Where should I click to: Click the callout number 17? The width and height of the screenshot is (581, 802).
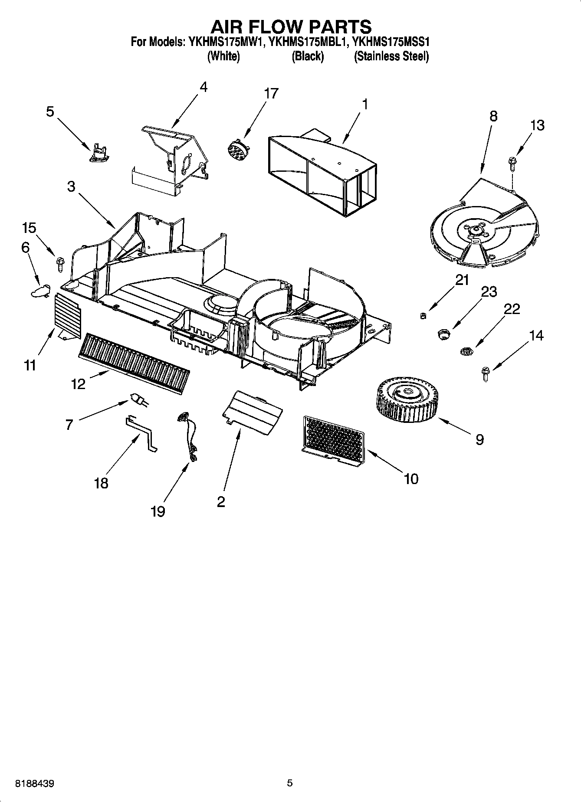(x=271, y=93)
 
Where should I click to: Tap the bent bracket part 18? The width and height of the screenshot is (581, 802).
(x=141, y=434)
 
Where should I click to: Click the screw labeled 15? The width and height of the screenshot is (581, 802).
(x=59, y=263)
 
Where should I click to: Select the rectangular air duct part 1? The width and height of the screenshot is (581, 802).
(x=321, y=176)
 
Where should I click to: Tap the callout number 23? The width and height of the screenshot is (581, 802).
(x=489, y=291)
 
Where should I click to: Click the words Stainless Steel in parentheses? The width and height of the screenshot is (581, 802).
(x=391, y=56)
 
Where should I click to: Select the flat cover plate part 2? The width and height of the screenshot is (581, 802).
(x=253, y=410)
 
